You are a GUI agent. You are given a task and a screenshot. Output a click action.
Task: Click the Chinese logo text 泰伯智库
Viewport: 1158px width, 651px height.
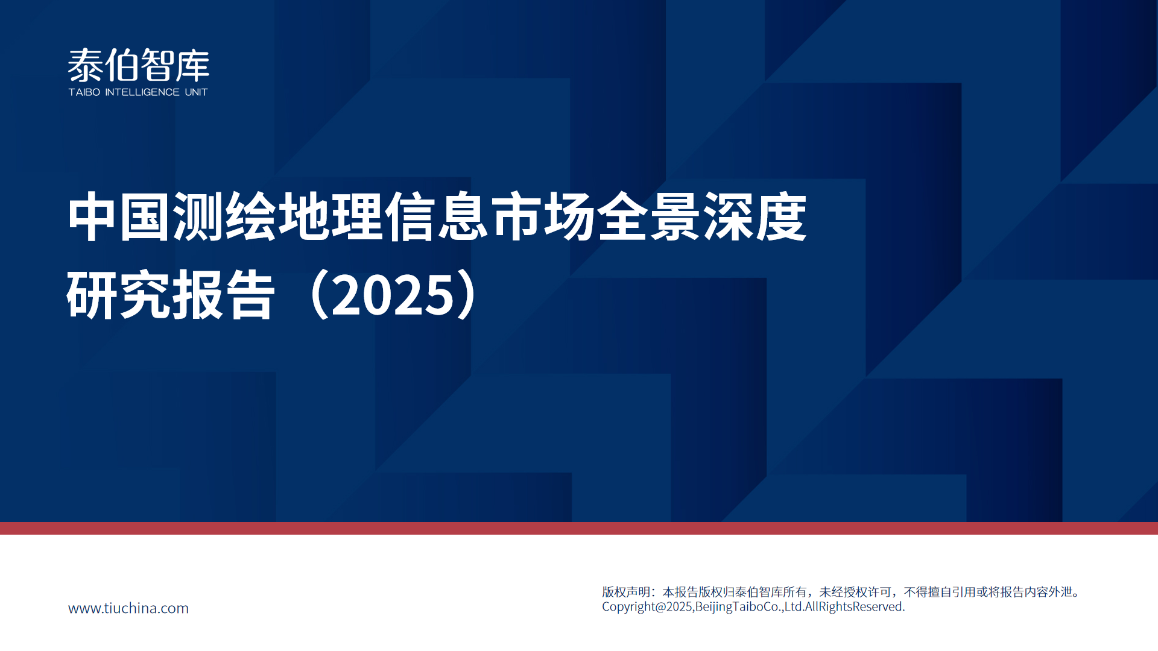(x=139, y=65)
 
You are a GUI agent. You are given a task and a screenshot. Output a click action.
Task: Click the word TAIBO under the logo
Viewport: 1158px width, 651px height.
(x=84, y=92)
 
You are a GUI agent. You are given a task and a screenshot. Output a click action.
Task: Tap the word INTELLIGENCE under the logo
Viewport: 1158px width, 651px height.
(x=142, y=92)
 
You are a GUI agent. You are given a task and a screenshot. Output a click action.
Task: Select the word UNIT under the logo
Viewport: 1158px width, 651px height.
(x=196, y=92)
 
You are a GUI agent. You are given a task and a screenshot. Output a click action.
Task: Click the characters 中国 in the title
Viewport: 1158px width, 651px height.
(x=119, y=217)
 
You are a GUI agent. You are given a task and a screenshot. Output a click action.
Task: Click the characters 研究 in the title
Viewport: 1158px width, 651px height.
(x=119, y=295)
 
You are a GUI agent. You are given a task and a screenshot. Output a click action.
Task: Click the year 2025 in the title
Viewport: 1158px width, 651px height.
(x=393, y=295)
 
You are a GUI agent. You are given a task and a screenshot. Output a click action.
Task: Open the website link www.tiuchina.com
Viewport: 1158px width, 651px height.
(x=128, y=608)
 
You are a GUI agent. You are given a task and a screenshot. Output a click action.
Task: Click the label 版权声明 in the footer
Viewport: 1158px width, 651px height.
(x=626, y=592)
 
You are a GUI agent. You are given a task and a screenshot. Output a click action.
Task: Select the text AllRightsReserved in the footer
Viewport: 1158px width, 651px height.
(x=853, y=607)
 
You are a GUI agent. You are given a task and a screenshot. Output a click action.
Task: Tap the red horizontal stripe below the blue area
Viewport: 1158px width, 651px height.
(x=579, y=529)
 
